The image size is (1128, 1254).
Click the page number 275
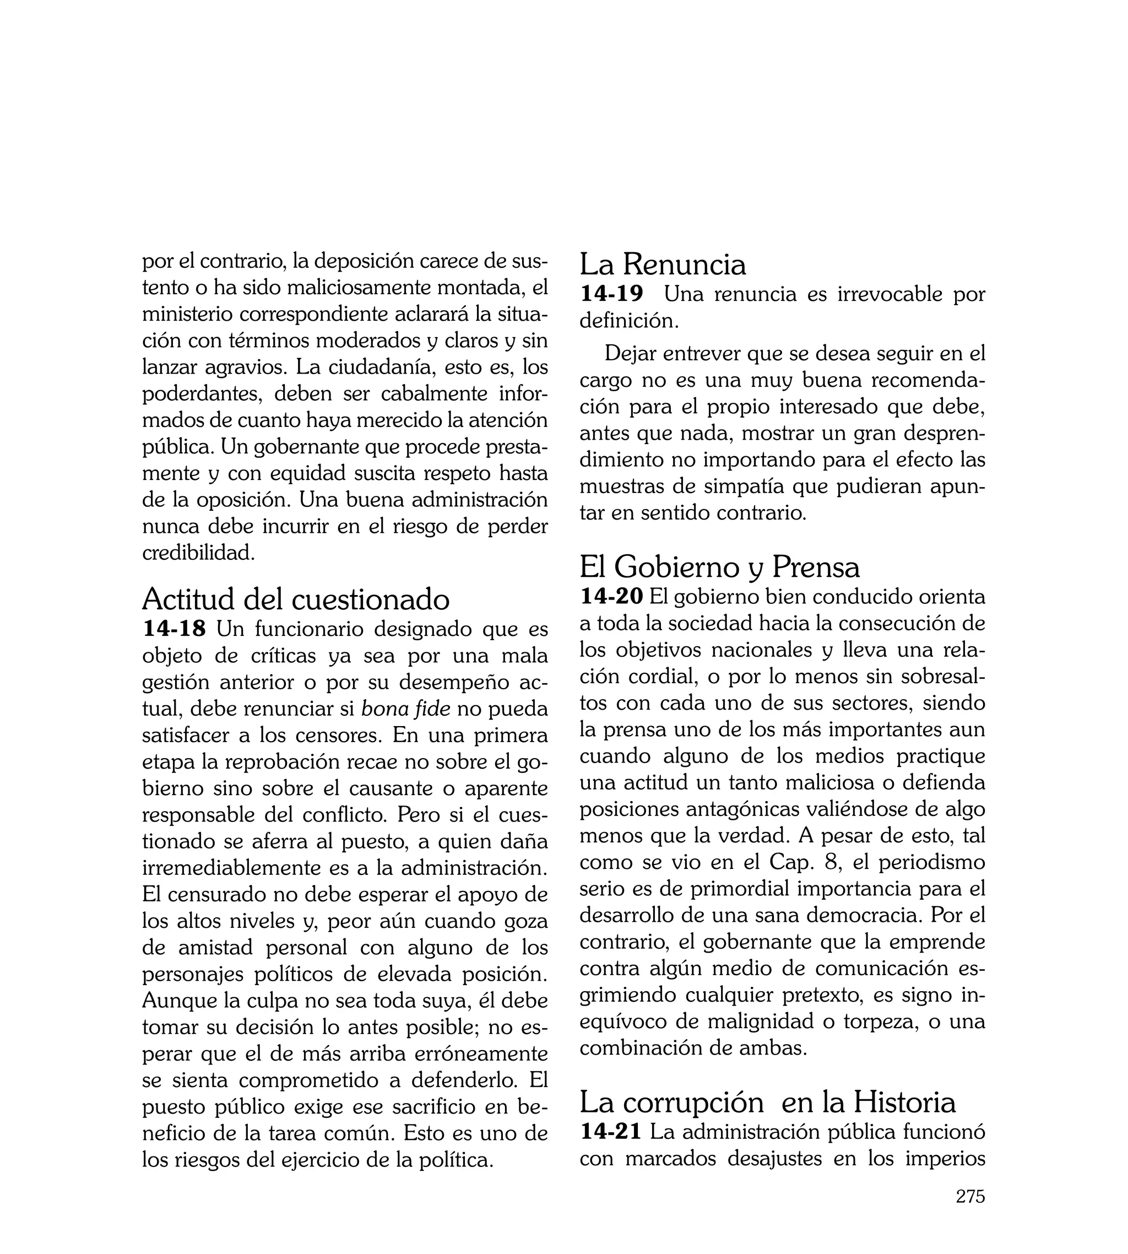click(x=970, y=1214)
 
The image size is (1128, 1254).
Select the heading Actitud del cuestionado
click(x=296, y=599)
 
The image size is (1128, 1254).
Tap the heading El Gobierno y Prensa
click(x=719, y=566)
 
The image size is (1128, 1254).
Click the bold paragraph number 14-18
click(x=173, y=629)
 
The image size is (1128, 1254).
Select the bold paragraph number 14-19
click(x=611, y=294)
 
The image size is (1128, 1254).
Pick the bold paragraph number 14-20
click(x=611, y=596)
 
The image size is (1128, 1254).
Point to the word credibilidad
click(x=198, y=552)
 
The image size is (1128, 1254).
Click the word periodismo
click(x=931, y=862)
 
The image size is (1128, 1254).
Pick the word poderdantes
click(x=202, y=393)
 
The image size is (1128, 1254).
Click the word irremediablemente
click(x=244, y=868)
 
